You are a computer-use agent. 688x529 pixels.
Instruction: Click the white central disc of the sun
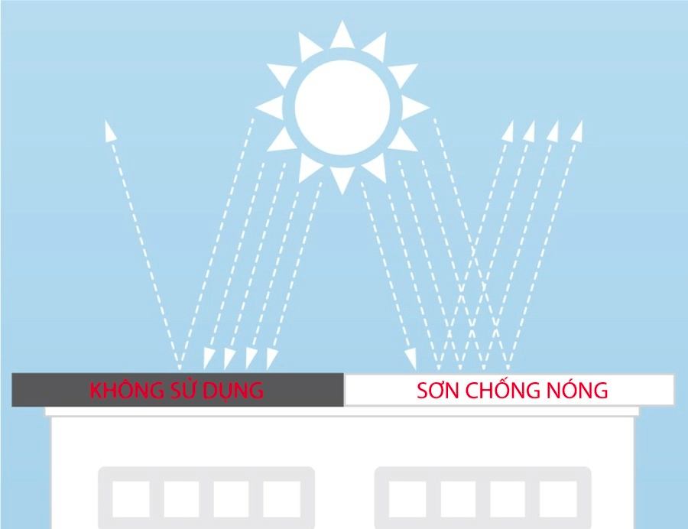click(x=342, y=108)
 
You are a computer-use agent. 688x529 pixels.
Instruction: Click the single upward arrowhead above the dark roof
click(x=110, y=131)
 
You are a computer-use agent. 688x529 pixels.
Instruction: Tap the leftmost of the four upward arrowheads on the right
click(x=508, y=131)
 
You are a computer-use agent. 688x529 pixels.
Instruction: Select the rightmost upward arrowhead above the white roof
click(x=578, y=131)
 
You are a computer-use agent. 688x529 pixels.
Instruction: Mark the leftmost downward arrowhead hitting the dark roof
click(x=209, y=359)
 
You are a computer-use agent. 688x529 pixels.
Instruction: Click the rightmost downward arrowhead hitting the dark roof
click(x=271, y=359)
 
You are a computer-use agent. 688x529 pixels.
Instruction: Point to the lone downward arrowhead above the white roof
click(x=411, y=359)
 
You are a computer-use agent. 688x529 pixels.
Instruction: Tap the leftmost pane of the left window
click(x=131, y=499)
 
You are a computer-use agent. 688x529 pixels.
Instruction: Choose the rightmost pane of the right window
click(x=558, y=499)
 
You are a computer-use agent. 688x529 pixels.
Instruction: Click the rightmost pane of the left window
click(x=281, y=499)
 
